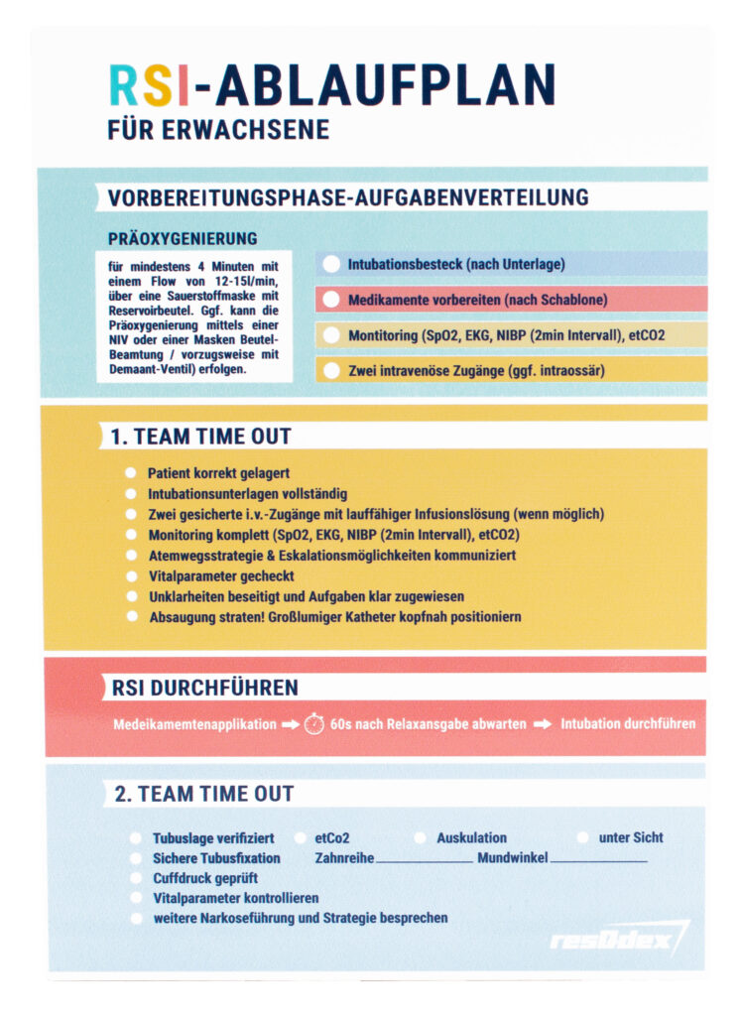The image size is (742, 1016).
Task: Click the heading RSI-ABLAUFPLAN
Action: [x=331, y=86]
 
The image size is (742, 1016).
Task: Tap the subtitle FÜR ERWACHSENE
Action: [x=218, y=130]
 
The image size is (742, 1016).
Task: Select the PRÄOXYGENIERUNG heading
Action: [x=183, y=238]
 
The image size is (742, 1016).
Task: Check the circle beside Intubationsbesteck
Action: [x=331, y=264]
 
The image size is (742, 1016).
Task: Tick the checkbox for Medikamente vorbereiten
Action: [x=331, y=300]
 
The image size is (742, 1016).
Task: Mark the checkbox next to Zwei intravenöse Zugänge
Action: [x=331, y=371]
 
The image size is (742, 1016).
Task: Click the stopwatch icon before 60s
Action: [x=314, y=724]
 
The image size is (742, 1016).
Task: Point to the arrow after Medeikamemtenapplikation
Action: [x=290, y=724]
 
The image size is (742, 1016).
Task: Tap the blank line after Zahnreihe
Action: [x=424, y=860]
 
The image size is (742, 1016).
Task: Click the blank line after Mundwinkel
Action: [x=598, y=860]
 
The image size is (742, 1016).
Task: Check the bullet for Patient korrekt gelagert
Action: [x=131, y=474]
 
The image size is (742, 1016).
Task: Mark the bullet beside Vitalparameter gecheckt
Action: [x=131, y=576]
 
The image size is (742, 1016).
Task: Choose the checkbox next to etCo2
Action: [x=300, y=838]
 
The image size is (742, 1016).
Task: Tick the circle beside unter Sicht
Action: [x=582, y=838]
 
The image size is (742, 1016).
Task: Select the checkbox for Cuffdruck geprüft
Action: [x=136, y=878]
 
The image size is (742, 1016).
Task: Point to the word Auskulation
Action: [x=471, y=838]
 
